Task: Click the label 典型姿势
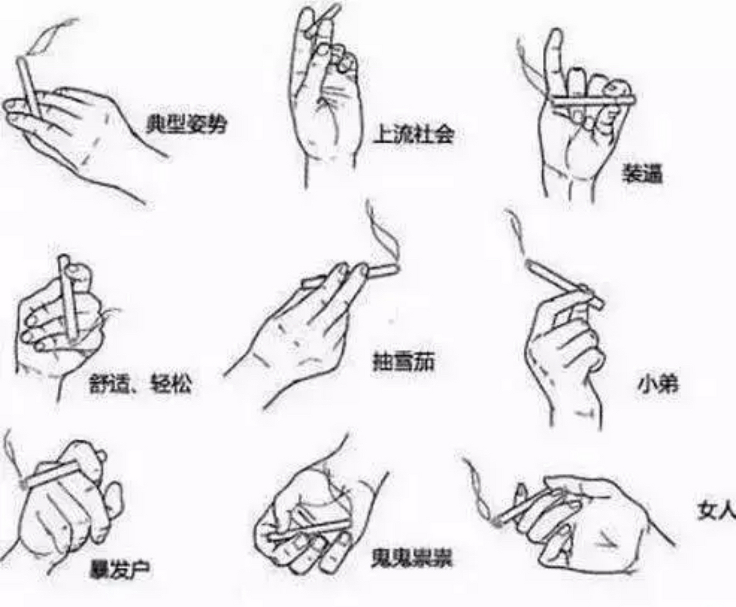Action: (x=186, y=124)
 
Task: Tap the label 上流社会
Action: (x=413, y=135)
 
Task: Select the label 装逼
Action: (x=642, y=174)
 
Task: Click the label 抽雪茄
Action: (x=404, y=362)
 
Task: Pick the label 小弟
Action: (x=658, y=385)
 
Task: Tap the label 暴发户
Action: (x=120, y=569)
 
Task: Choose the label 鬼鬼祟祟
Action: (x=412, y=558)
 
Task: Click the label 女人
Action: (x=716, y=510)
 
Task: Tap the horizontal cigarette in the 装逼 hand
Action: (x=593, y=101)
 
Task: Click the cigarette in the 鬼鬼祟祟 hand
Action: (x=308, y=530)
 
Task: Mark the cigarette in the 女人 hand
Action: (x=526, y=505)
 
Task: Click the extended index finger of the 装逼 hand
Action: (x=554, y=57)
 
